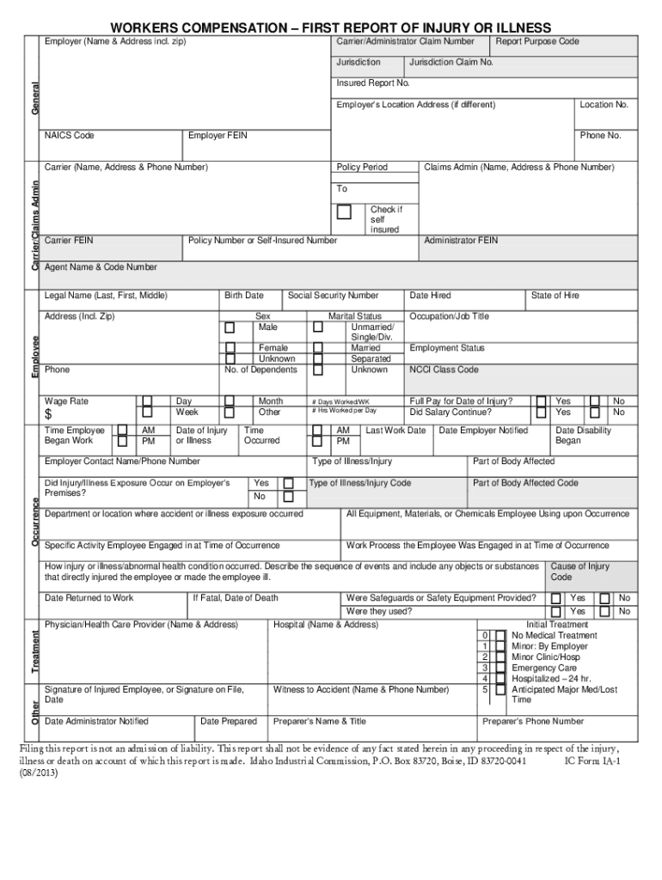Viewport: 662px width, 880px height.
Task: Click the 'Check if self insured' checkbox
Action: (x=344, y=211)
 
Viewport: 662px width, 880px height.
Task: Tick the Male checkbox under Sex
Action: (x=230, y=327)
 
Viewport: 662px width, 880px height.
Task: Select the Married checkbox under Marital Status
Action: (x=317, y=348)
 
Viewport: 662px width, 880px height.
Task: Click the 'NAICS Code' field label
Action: (x=70, y=136)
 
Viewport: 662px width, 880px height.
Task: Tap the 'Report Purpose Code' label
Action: (x=536, y=41)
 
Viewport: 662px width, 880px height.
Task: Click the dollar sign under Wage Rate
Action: (x=49, y=416)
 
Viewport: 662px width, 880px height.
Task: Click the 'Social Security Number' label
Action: (x=333, y=296)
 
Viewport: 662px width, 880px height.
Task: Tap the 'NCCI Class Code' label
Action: (x=444, y=370)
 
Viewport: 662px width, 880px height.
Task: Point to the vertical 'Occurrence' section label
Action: (x=34, y=522)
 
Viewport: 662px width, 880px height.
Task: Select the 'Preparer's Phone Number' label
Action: (x=533, y=722)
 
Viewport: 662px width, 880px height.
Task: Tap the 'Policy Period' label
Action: (x=362, y=167)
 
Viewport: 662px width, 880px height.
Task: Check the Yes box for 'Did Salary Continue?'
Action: (x=542, y=412)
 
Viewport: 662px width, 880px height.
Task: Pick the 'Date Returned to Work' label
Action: (x=89, y=598)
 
